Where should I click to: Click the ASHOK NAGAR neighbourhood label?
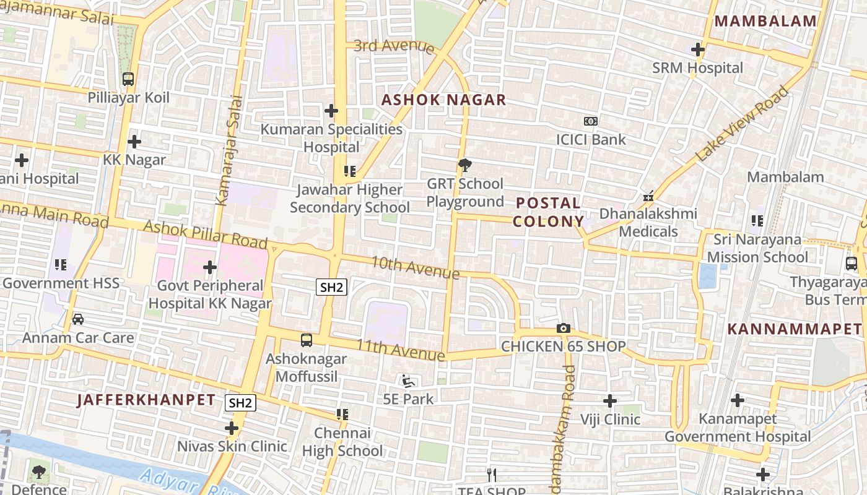click(443, 100)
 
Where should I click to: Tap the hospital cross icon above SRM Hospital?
click(698, 49)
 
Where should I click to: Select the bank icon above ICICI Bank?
click(591, 121)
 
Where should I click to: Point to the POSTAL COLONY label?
click(549, 212)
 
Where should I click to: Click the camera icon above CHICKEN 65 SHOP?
click(563, 329)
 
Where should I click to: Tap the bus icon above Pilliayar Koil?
click(128, 79)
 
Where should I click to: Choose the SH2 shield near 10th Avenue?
click(331, 287)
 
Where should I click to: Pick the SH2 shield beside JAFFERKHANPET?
click(240, 403)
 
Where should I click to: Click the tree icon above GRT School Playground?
click(464, 165)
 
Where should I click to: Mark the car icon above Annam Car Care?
click(78, 319)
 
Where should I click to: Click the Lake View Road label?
click(743, 124)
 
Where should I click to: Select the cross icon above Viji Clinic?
click(610, 401)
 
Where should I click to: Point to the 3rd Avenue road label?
click(394, 46)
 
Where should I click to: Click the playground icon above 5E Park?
click(407, 381)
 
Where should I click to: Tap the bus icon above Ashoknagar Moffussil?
click(306, 340)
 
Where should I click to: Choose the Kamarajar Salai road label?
click(227, 150)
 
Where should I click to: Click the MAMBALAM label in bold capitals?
click(765, 21)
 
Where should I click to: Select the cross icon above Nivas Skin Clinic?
click(232, 428)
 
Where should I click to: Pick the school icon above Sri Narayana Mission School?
click(757, 221)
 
